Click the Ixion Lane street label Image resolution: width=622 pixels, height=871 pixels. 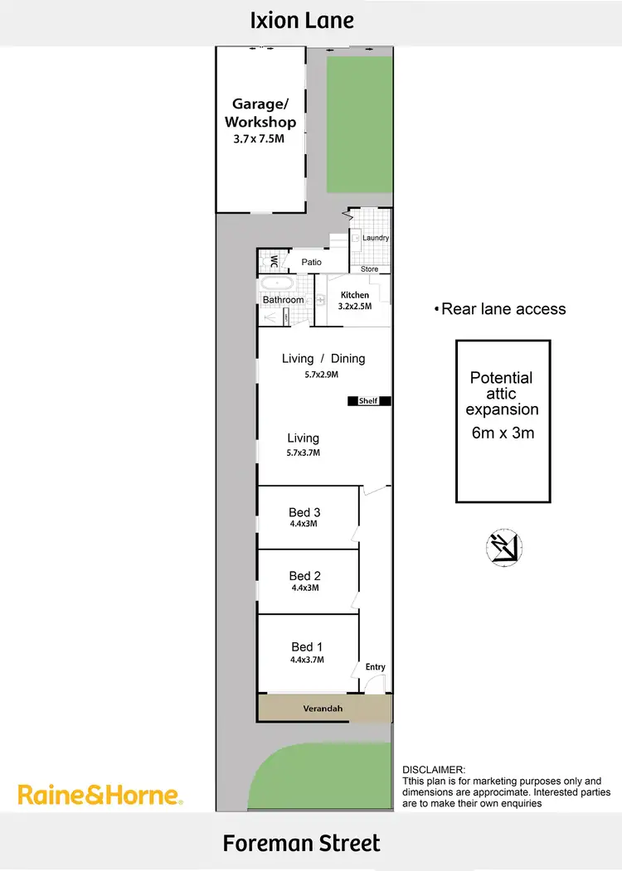(x=303, y=20)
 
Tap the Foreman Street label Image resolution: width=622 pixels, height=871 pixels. (x=302, y=844)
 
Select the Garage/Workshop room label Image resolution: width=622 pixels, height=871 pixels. (x=264, y=113)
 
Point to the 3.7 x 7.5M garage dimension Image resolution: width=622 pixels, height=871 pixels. (x=259, y=139)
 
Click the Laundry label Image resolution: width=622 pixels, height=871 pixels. (x=376, y=238)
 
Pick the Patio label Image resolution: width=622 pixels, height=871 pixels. (x=311, y=262)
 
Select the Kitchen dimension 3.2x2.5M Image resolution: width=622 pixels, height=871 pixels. (x=354, y=306)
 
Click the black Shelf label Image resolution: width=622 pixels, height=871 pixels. (x=367, y=401)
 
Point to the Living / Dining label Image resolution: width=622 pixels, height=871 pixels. (x=323, y=359)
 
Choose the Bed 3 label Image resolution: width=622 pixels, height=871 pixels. (x=304, y=512)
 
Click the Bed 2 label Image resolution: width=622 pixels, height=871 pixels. (x=304, y=575)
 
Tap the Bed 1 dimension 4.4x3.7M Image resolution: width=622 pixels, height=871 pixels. (x=306, y=660)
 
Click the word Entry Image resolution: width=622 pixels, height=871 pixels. (x=375, y=667)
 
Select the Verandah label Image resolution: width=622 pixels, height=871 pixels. (x=323, y=709)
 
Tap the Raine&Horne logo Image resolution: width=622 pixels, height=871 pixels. (x=99, y=796)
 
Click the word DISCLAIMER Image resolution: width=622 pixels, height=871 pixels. (x=434, y=770)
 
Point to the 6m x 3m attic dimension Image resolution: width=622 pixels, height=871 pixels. (x=502, y=433)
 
